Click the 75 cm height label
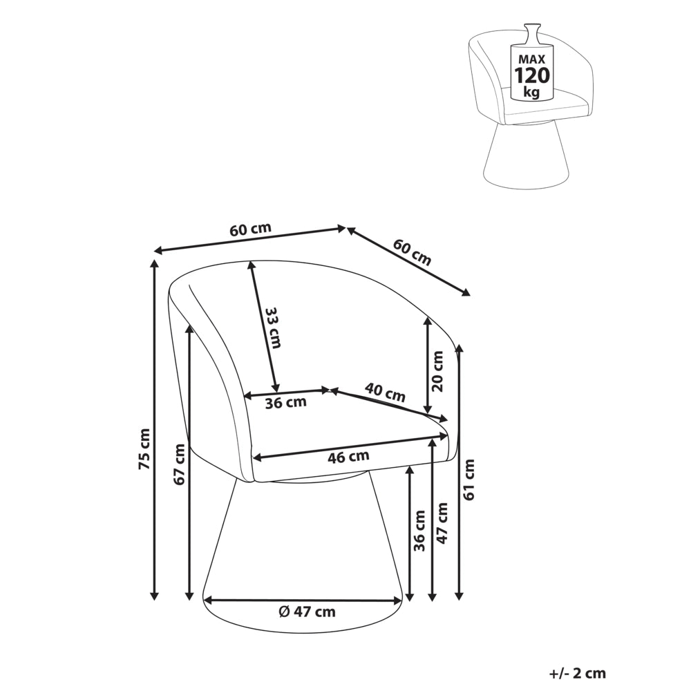tap(144, 448)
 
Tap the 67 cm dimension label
tap(180, 464)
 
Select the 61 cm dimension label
tap(469, 480)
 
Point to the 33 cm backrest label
tap(273, 328)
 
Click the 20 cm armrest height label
tap(437, 371)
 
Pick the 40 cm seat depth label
tap(385, 392)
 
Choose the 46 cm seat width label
tap(348, 457)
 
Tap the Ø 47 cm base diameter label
tap(307, 612)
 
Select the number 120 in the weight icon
tap(532, 75)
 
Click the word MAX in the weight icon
tap(532, 59)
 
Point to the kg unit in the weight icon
tap(532, 93)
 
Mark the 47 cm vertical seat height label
tap(442, 523)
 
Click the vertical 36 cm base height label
tap(420, 531)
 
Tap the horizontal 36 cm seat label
tap(285, 402)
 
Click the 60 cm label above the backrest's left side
tap(250, 230)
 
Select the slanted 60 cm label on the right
tap(412, 252)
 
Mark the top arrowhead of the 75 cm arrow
tap(154, 264)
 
